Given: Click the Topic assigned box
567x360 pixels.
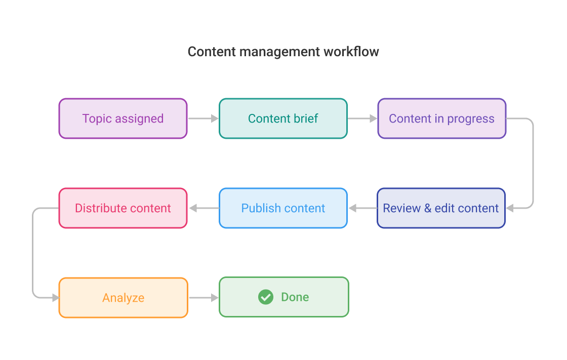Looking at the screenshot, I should point(123,118).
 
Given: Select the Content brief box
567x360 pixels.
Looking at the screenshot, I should point(283,118).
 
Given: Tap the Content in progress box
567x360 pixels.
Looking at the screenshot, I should point(441,118).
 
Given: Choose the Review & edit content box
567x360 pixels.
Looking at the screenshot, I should point(441,208).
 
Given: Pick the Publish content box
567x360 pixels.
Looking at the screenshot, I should point(283,208).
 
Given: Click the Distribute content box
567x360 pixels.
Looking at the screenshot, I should point(123,208).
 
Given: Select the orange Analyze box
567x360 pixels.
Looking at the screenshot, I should point(123,298).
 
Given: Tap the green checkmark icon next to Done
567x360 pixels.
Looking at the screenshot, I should point(266,297).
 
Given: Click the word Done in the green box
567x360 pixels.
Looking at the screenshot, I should point(295,297).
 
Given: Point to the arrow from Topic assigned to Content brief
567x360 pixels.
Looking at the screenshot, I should point(203,118).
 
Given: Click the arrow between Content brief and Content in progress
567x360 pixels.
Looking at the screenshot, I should point(362,118).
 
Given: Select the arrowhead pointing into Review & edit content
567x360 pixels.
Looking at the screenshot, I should point(510,208).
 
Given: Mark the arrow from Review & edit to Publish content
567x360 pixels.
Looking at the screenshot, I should point(362,208).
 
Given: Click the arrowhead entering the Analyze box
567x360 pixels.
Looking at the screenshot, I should point(55,298).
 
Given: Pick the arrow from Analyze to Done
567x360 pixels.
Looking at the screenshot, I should point(204,298).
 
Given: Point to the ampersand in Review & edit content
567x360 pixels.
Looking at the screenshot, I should point(428,209).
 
